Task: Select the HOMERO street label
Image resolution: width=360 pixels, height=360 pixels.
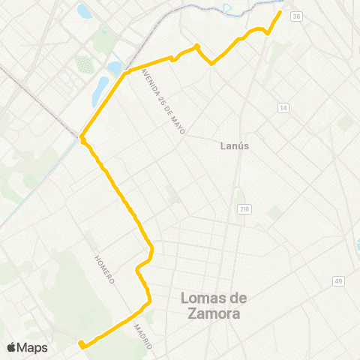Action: pos(104,268)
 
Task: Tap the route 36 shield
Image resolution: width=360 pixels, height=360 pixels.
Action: pos(297,16)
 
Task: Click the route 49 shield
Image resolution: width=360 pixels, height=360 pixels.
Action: pos(338,280)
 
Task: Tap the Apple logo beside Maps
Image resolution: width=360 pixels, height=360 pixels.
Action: pos(11,347)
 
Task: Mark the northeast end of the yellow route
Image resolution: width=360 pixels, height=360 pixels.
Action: pos(280,12)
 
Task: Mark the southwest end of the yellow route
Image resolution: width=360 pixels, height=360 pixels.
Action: pos(80,346)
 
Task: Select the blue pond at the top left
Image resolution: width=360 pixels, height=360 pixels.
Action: pos(84,11)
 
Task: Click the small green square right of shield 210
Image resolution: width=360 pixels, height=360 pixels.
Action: pos(274,213)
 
